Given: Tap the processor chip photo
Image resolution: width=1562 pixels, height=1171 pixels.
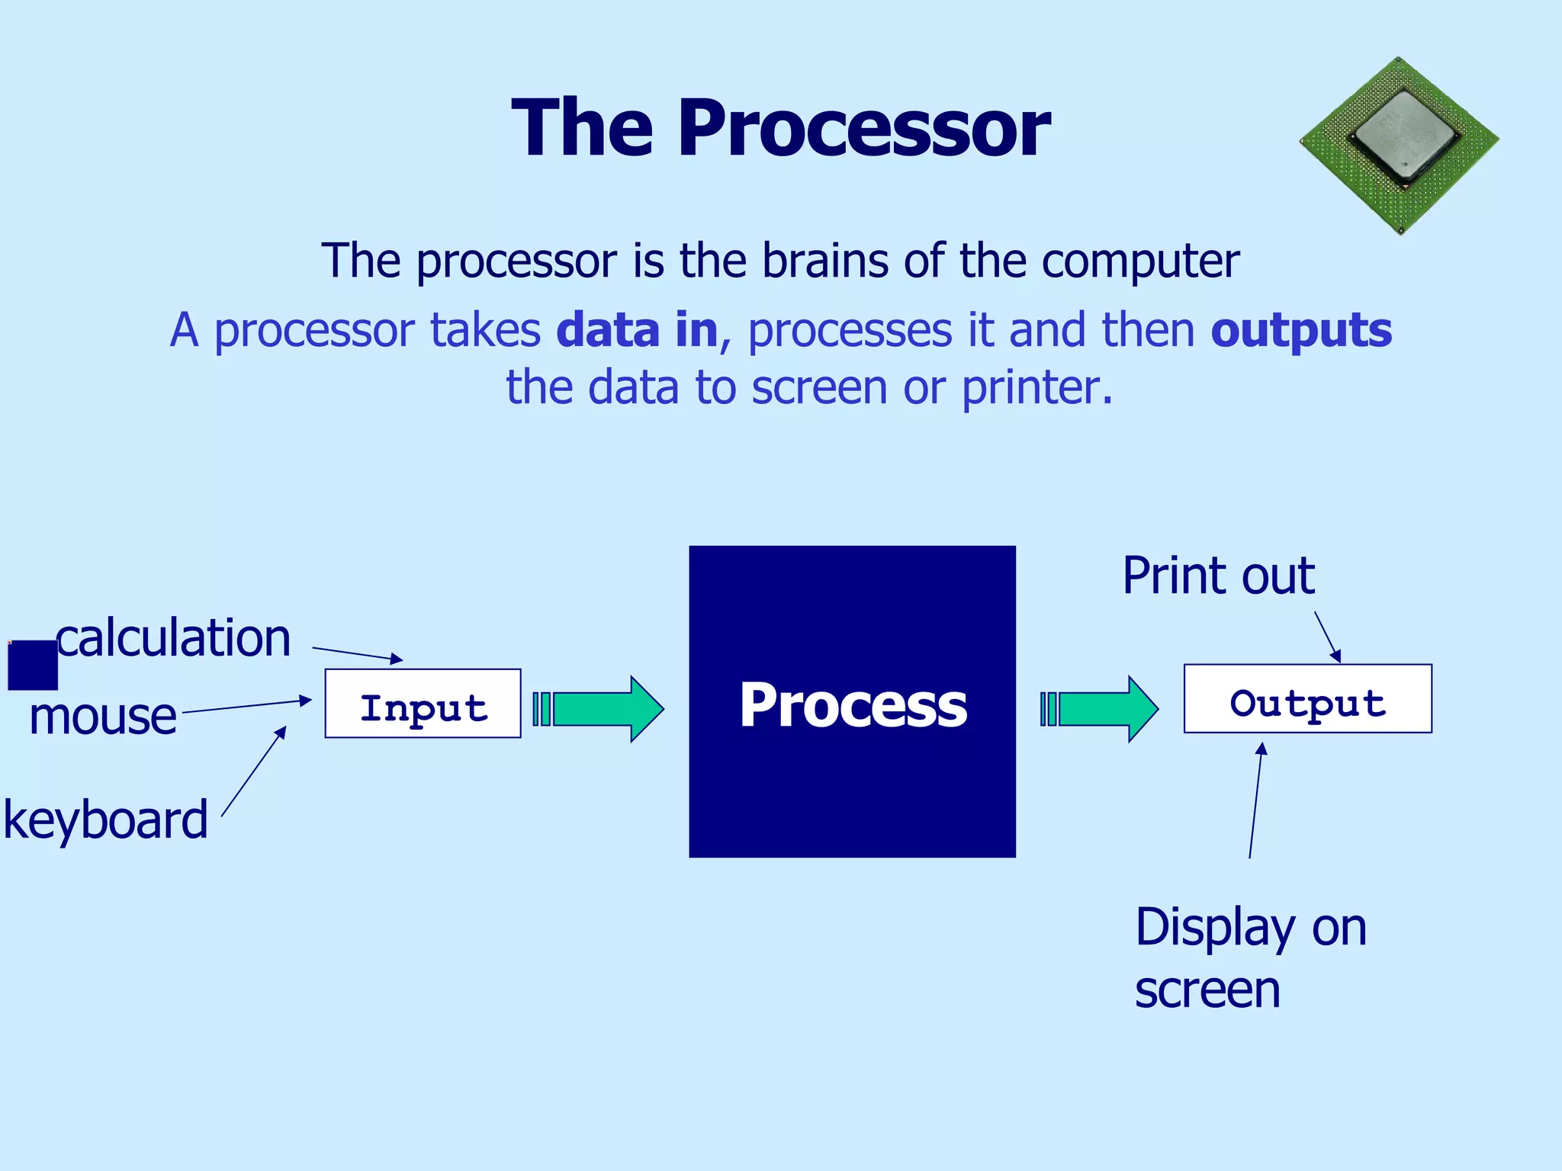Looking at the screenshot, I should point(1400,145).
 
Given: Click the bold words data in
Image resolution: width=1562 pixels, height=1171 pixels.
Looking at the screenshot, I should point(637,330).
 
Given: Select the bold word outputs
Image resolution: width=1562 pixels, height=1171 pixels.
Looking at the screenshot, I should point(1301,330).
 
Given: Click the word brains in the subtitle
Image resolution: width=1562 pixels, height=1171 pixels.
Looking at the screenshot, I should point(825,261).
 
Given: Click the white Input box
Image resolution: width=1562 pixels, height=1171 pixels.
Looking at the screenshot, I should point(423,704).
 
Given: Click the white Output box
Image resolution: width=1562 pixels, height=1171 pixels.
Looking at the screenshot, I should point(1307,699).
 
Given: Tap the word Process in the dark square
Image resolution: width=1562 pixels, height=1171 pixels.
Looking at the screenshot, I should point(853,705).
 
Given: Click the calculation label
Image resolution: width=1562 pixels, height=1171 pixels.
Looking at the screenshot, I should point(174,638).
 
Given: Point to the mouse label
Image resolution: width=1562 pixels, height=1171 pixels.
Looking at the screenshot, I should point(103,717).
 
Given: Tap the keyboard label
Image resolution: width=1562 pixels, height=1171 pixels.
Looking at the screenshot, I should point(105,820).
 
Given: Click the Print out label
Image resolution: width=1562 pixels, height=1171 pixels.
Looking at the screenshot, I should point(1218,576).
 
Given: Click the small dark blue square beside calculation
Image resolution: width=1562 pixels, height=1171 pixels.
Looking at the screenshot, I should point(33,665).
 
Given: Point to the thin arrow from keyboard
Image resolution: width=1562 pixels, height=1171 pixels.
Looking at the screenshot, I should point(253,772).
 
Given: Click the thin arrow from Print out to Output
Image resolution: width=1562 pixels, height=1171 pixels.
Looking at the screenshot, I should point(1327,637).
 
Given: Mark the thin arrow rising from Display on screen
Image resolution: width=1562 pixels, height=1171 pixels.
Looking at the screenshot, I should point(1255,800).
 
